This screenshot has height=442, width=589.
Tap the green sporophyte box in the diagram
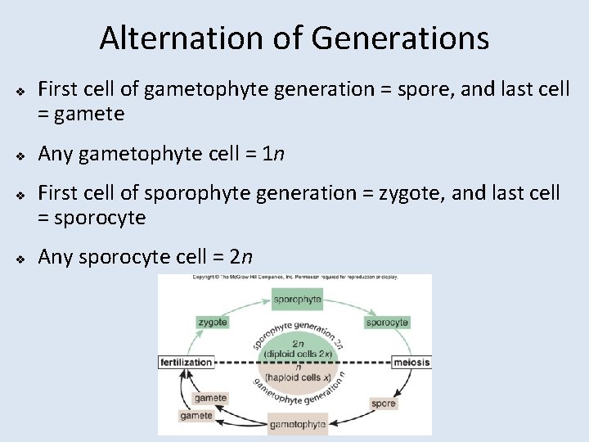point(297,299)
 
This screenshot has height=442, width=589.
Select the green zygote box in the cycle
point(212,322)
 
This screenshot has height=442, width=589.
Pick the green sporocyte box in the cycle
point(387,322)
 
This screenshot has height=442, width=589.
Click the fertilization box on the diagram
point(187,362)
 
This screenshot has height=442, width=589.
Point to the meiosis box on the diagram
point(411,362)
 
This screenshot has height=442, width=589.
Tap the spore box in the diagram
point(383,403)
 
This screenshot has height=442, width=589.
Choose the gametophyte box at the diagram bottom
point(298,424)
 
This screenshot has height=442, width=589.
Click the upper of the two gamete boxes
point(210,398)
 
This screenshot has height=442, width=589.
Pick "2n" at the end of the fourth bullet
point(241,257)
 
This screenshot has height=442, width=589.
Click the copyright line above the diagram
point(294,278)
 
